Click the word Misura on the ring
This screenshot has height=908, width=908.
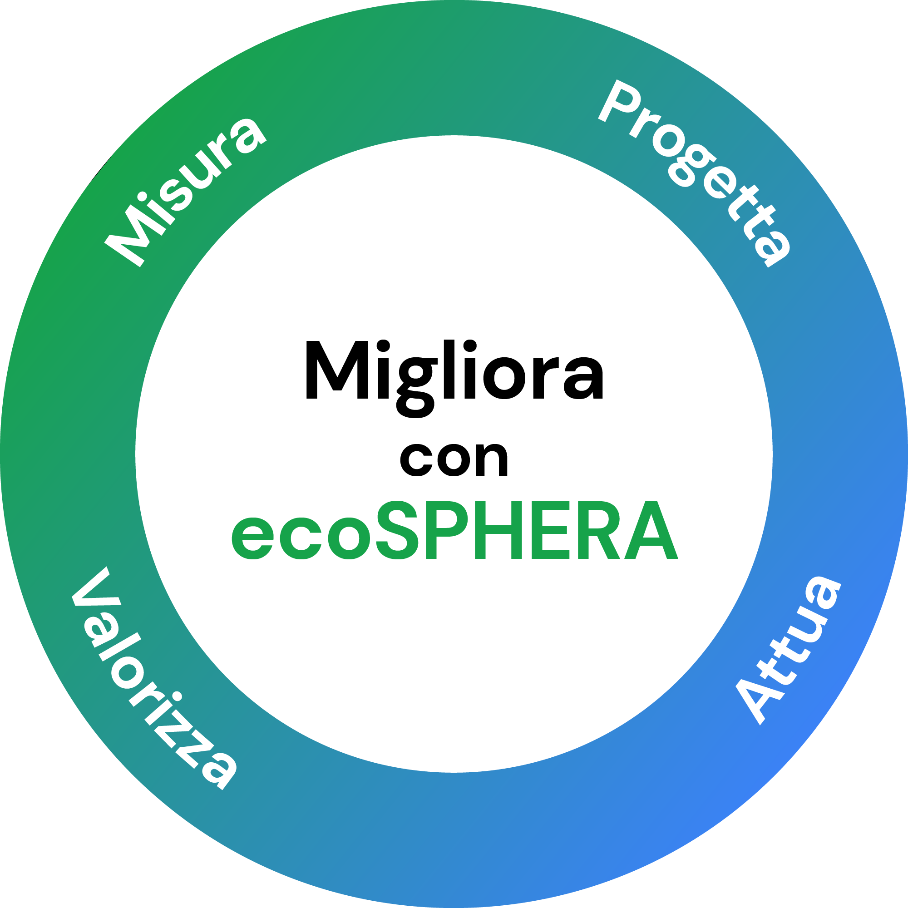point(186,190)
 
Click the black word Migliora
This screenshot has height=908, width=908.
point(454,371)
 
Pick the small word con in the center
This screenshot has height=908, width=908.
point(454,459)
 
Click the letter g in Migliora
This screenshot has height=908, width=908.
point(416,383)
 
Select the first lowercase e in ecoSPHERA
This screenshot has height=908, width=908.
point(253,538)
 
